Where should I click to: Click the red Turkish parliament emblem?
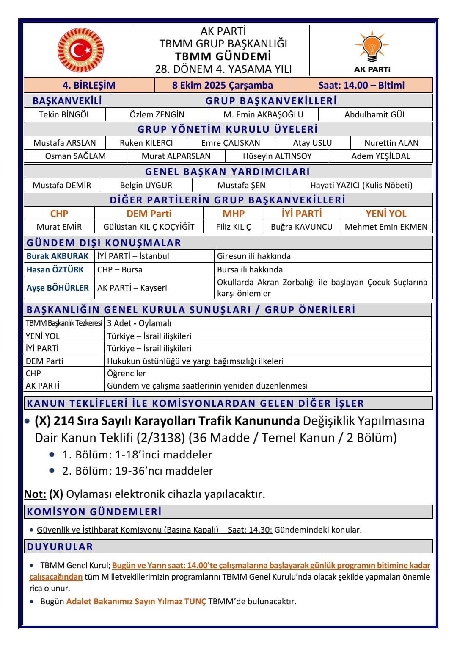pyautogui.click(x=80, y=50)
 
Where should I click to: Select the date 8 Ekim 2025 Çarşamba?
pyautogui.click(x=222, y=85)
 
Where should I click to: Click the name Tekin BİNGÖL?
pyautogui.click(x=65, y=114)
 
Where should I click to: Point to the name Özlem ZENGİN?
pyautogui.click(x=157, y=114)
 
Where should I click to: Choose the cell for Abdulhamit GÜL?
pyautogui.click(x=375, y=114)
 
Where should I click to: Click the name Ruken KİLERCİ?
pyautogui.click(x=146, y=143)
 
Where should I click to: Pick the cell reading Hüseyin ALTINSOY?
pyautogui.click(x=277, y=156)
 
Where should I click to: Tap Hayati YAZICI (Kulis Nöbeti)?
pyautogui.click(x=361, y=185)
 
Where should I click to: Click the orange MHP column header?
pyautogui.click(x=234, y=214)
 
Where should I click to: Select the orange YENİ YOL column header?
pyautogui.click(x=386, y=214)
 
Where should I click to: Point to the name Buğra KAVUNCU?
pyautogui.click(x=302, y=227)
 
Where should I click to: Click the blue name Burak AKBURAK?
pyautogui.click(x=58, y=256)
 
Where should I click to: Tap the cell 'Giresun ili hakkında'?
pyautogui.click(x=254, y=256)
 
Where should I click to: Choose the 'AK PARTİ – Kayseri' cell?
pyautogui.click(x=132, y=288)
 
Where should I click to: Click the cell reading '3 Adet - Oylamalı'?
pyautogui.click(x=139, y=323)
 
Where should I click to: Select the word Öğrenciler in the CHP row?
pyautogui.click(x=126, y=373)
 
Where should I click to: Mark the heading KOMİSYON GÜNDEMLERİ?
pyautogui.click(x=94, y=511)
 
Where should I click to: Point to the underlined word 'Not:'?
pyautogui.click(x=35, y=494)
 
